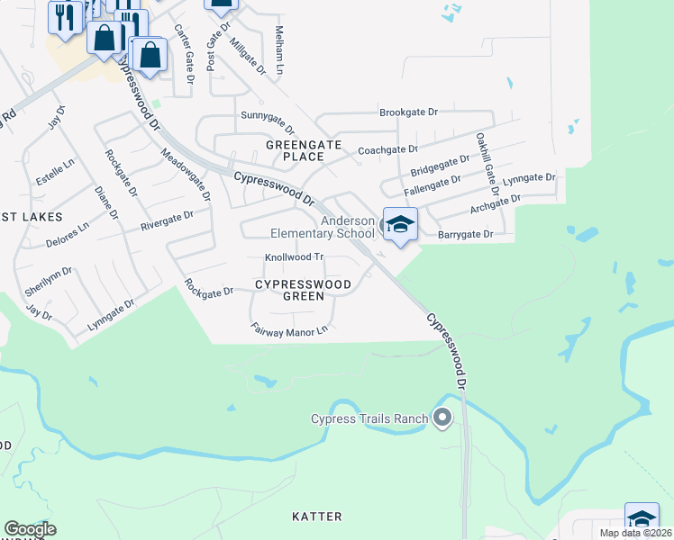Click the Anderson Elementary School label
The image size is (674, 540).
(x=323, y=227)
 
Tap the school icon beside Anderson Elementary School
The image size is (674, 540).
(x=399, y=226)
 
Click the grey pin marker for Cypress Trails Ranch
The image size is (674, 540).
(x=442, y=418)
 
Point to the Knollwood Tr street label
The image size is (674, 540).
(x=293, y=257)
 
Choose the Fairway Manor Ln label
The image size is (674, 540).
(x=287, y=331)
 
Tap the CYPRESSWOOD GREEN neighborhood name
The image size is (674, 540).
(x=303, y=290)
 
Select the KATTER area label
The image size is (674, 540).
(x=317, y=517)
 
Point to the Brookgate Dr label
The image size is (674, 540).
(x=408, y=112)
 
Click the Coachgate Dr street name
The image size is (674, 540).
(x=388, y=149)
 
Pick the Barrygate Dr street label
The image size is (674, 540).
(x=466, y=234)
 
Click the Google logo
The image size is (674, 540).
(x=30, y=529)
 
